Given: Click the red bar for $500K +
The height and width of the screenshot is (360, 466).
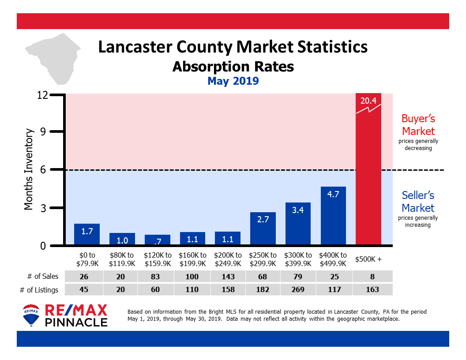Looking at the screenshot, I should tap(368, 176).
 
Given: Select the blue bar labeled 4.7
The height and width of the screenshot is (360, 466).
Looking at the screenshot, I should tap(333, 216).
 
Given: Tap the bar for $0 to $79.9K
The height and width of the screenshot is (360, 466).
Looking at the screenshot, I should tap(86, 234).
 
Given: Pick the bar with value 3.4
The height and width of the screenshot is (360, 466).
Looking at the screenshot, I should tap(298, 223).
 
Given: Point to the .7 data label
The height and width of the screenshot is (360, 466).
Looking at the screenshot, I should tap(157, 240).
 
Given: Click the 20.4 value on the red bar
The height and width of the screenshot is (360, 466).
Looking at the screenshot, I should tap(368, 101).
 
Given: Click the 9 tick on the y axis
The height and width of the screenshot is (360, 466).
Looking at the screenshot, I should tap(44, 131).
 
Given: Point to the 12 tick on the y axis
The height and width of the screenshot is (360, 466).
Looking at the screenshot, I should tap(42, 95).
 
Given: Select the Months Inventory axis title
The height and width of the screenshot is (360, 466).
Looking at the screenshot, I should tap(29, 169).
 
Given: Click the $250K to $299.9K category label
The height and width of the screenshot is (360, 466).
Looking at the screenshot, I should tap(263, 259).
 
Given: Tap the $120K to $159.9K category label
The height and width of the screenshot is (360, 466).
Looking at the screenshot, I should tap(157, 259).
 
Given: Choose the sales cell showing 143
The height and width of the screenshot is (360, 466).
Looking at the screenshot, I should tap(227, 277).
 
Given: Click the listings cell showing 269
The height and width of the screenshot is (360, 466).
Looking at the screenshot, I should tap(298, 289).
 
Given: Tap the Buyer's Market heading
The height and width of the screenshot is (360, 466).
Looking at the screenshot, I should tap(418, 125).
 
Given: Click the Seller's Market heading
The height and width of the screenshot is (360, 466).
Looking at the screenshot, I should tap(418, 201).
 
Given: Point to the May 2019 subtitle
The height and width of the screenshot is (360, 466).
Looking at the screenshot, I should tap(233, 81).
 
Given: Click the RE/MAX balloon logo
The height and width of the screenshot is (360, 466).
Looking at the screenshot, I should tap(30, 315).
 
